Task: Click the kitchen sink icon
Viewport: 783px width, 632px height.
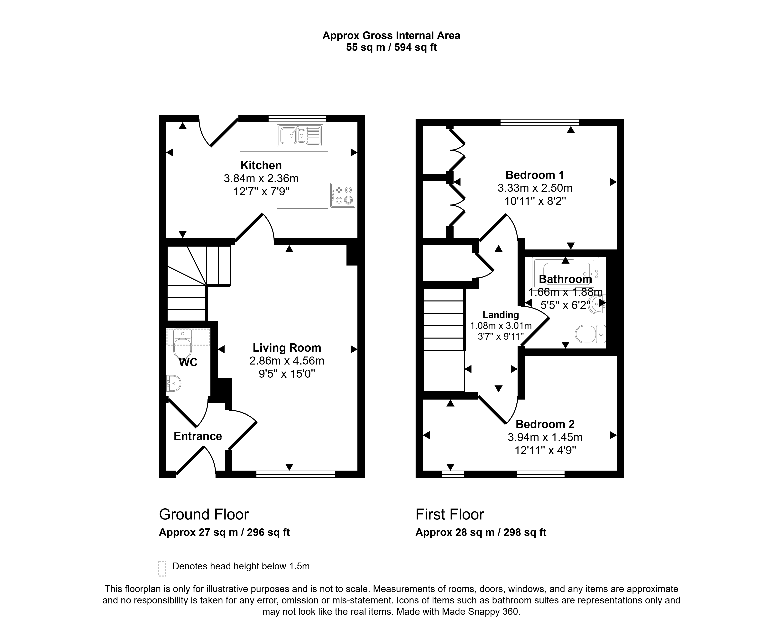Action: tap(300, 136)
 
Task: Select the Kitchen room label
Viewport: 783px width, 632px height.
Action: tap(261, 166)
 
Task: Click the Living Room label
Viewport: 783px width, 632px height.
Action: tap(287, 348)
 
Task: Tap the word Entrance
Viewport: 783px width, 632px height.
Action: tap(198, 436)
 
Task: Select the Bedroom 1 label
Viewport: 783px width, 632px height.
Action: tap(535, 175)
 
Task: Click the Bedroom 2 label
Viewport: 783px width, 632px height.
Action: tap(545, 424)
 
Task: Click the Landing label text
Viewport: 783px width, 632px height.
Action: tap(501, 315)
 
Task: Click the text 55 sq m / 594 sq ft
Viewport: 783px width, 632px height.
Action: tap(391, 47)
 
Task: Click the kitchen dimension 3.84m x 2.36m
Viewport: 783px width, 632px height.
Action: tap(261, 178)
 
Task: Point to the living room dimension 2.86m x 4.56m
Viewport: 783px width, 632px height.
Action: tap(287, 361)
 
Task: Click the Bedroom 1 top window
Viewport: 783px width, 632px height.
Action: tap(539, 122)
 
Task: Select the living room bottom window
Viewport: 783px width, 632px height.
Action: tap(296, 474)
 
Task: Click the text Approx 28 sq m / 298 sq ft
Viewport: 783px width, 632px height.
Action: tap(481, 532)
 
